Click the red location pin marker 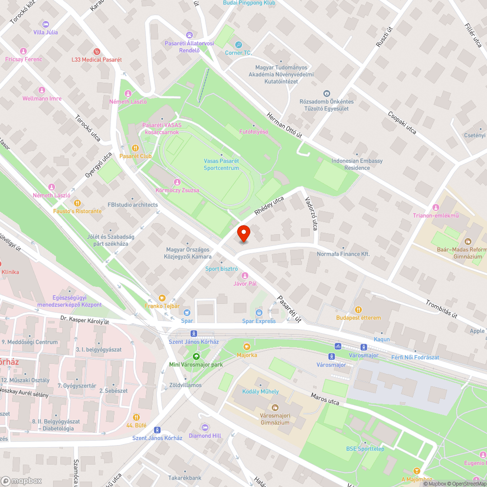(x=244, y=233)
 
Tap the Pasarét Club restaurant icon (x=135, y=148)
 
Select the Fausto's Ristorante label (x=77, y=211)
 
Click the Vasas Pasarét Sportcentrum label (x=221, y=165)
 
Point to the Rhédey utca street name (x=268, y=206)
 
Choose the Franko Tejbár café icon (x=162, y=298)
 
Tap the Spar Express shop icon (x=259, y=312)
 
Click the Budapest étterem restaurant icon (x=358, y=309)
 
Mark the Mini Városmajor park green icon (x=196, y=356)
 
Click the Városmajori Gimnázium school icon (x=275, y=407)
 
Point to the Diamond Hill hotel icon (x=205, y=427)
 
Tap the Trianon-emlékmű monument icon (x=436, y=207)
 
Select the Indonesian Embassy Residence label (x=357, y=164)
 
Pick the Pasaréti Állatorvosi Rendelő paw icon (x=189, y=35)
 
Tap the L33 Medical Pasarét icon (x=96, y=51)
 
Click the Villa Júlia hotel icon (x=46, y=24)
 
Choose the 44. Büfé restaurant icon (x=136, y=417)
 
